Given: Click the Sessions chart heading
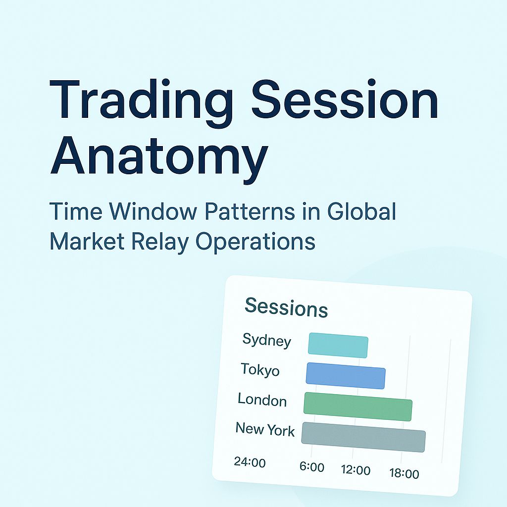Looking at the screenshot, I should [286, 307].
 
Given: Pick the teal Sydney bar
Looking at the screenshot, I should [338, 346].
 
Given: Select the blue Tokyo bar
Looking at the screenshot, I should [346, 375].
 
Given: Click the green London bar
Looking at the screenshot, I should [358, 406].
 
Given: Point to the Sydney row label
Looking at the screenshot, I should [266, 341].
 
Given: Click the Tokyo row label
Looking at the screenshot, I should [260, 370].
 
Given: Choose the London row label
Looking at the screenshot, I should [262, 399].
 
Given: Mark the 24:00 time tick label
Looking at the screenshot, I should [250, 463].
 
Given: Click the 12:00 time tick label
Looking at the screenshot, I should [355, 470].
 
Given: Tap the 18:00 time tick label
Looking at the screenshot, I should [404, 474].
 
